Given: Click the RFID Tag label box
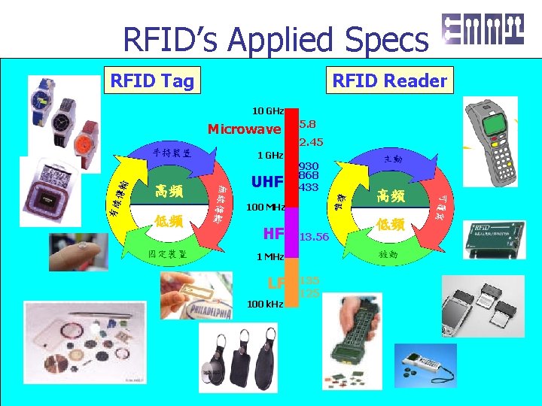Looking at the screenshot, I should [x=151, y=80].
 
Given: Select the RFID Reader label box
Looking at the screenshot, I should [x=390, y=80].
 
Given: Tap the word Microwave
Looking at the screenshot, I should [x=244, y=129].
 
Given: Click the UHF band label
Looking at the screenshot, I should [x=266, y=182].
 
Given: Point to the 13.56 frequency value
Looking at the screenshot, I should [x=314, y=237].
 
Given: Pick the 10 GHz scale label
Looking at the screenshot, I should [x=267, y=111].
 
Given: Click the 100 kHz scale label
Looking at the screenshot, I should [x=265, y=304].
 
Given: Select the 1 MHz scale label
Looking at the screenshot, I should [x=269, y=256].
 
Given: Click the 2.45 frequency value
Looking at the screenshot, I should [x=312, y=142].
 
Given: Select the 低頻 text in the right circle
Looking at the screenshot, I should [x=391, y=224].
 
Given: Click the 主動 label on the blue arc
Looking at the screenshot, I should [x=392, y=159].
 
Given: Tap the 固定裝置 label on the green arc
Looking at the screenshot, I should [x=168, y=254].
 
